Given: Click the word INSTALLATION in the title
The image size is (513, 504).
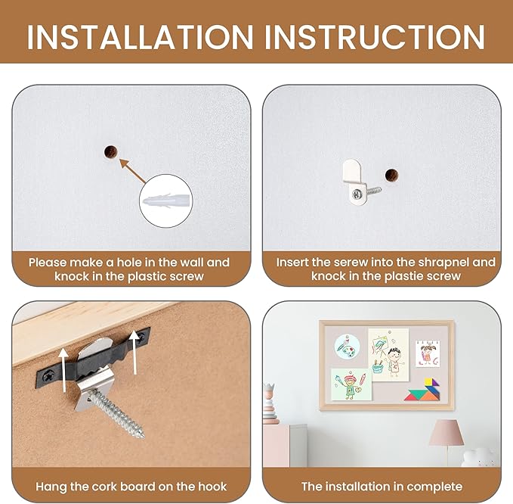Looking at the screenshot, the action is coord(140,37).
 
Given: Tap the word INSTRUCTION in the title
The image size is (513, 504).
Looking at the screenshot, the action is coord(375,37).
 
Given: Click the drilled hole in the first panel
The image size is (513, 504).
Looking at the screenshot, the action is coord(110,152).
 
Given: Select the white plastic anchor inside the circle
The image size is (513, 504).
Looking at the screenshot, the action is coord(166,201).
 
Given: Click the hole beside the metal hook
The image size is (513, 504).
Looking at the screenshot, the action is coord(391,176).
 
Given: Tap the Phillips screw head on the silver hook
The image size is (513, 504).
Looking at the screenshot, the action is coord(357,194).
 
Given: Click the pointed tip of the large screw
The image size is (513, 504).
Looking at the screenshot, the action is coord(143,436).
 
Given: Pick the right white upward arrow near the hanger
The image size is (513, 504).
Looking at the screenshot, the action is coord(134,353).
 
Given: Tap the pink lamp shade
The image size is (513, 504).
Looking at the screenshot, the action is coord(447,433).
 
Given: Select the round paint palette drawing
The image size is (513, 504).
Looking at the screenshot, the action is coord(347,347).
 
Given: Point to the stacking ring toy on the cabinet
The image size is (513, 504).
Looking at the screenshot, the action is coord(270,403).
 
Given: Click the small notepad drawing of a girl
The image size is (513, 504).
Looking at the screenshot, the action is coord(428,353).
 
